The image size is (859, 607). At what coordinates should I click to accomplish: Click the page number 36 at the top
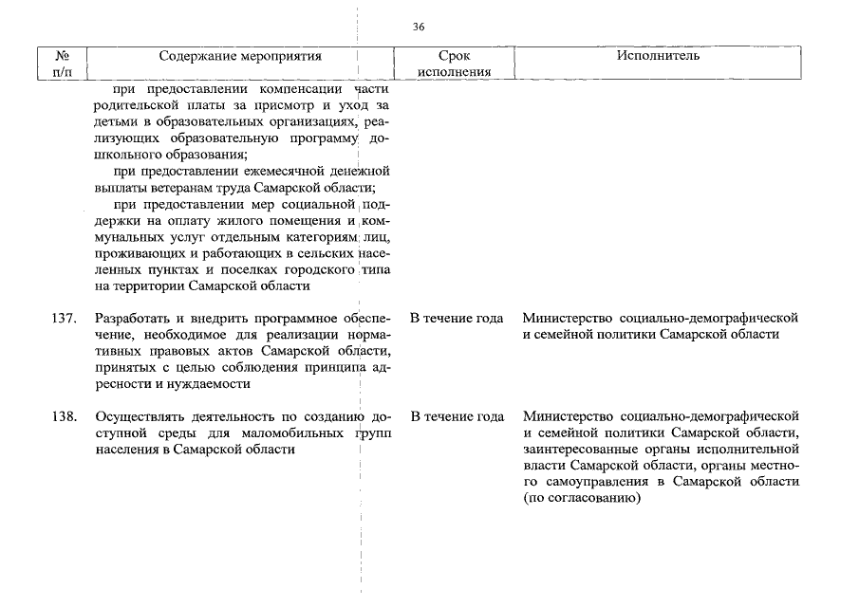coord(419,27)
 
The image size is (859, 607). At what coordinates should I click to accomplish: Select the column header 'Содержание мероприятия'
coord(240,57)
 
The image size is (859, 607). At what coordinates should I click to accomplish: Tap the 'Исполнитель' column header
coord(658,57)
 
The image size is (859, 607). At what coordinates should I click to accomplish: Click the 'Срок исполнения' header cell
coord(455,64)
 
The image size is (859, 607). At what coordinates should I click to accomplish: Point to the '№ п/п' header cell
coord(66,64)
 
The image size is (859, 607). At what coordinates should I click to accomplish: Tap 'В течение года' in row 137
coord(457,318)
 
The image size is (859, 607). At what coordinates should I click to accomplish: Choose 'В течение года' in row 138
coord(457,416)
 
